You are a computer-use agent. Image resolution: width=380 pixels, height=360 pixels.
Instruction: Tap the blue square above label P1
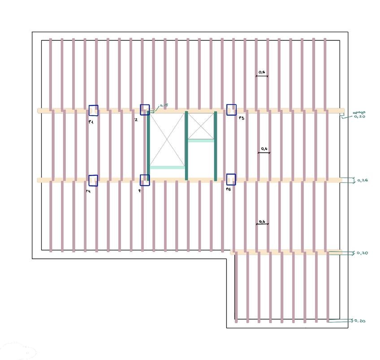[x=93, y=110]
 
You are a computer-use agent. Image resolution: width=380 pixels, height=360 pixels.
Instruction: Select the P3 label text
[x=241, y=118]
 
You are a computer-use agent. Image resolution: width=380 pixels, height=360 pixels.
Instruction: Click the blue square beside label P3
[x=231, y=110]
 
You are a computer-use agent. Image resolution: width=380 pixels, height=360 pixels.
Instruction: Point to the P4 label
[x=89, y=191]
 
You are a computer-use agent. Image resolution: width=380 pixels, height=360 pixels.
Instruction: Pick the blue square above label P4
[x=93, y=180]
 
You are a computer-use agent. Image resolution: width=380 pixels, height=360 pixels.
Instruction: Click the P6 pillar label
[x=229, y=190]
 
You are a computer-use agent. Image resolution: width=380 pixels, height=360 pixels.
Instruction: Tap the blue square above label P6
[x=231, y=179]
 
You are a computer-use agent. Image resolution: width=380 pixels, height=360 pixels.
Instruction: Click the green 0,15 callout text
[x=164, y=105]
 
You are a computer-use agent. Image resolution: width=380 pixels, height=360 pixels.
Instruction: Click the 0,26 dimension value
[x=363, y=181]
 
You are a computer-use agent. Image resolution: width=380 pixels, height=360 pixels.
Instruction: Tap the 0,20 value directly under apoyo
[x=359, y=117]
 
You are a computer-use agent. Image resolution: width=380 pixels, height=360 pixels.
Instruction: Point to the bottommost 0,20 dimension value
[x=360, y=321]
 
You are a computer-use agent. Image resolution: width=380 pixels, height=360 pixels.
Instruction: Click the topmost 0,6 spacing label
[x=262, y=72]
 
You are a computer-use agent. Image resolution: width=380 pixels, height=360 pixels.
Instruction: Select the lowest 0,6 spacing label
[x=262, y=221]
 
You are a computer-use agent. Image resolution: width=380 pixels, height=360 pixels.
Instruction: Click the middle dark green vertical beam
[x=186, y=146]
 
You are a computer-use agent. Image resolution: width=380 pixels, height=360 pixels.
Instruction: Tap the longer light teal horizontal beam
[x=167, y=168]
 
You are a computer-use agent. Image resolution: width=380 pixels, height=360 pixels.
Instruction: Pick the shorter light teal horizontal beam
[x=201, y=141]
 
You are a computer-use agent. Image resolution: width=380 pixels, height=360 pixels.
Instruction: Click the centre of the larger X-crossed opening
[x=167, y=139]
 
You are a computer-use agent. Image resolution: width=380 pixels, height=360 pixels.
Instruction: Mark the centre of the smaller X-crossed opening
[x=201, y=126]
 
